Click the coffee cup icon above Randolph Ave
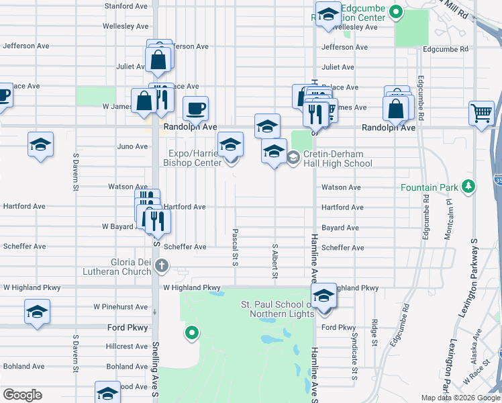(x=195, y=108)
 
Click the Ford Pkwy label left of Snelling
(x=128, y=328)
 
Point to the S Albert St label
(x=274, y=261)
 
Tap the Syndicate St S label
(x=354, y=350)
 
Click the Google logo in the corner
(x=23, y=395)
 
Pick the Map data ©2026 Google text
(x=460, y=398)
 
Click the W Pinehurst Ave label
(x=121, y=307)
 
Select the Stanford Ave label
(x=126, y=7)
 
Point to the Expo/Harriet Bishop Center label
(x=193, y=158)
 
